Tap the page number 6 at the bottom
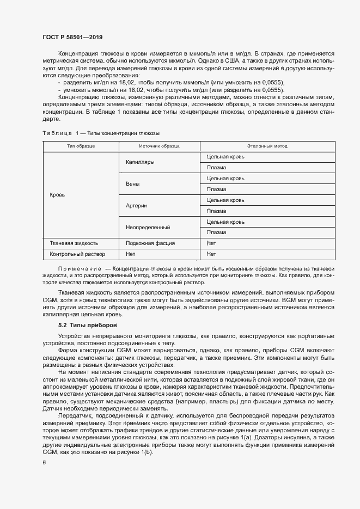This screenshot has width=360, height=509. (x=44, y=462)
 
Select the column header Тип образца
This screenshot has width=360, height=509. (x=81, y=146)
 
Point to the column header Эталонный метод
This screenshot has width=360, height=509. (x=267, y=146)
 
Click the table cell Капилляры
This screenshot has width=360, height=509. (x=140, y=162)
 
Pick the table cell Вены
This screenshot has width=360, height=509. (x=132, y=184)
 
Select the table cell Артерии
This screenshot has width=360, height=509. (x=136, y=206)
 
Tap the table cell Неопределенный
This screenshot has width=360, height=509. (x=148, y=227)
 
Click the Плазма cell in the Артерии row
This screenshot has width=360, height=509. (x=216, y=211)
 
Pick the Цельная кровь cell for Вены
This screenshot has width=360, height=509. (x=225, y=179)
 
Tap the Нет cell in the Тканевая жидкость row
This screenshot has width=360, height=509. (x=211, y=243)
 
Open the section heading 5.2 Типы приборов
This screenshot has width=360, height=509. (x=87, y=325)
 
